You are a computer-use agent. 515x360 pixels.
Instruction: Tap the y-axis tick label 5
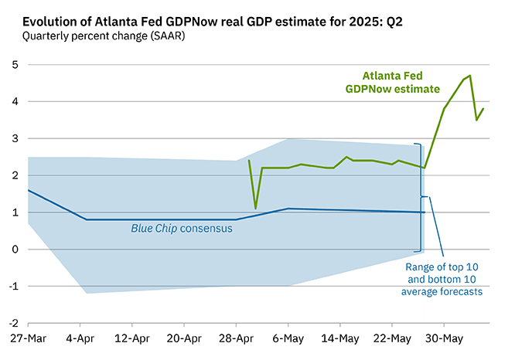pyautogui.click(x=13, y=64)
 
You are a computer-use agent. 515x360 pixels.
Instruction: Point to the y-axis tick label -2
pyautogui.click(x=12, y=324)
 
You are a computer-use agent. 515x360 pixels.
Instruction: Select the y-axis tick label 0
pyautogui.click(x=13, y=250)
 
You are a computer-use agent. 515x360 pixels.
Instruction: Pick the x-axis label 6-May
pyautogui.click(x=288, y=339)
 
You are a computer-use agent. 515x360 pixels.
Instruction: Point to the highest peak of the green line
pyautogui.click(x=470, y=76)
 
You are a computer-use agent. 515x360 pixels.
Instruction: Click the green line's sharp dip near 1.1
pyautogui.click(x=256, y=209)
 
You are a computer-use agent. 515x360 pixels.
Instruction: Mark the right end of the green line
pyautogui.click(x=483, y=109)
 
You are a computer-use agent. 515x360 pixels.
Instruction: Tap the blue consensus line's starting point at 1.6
pyautogui.click(x=28, y=190)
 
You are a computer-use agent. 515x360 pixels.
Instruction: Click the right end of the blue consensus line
pyautogui.click(x=425, y=212)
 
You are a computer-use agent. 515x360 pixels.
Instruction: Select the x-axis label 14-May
pyautogui.click(x=339, y=339)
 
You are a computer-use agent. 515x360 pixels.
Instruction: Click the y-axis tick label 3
pyautogui.click(x=13, y=138)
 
